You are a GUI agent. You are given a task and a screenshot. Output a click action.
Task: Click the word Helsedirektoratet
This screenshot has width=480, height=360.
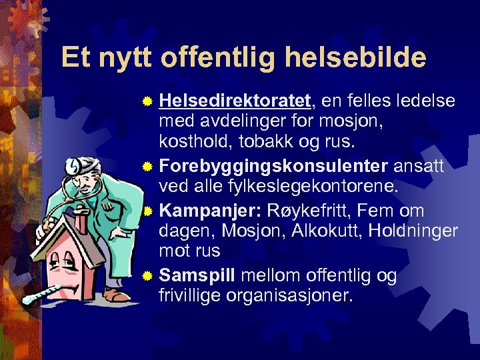pos(235,101)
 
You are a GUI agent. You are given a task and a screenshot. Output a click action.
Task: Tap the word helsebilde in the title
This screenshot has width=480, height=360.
pos(354,58)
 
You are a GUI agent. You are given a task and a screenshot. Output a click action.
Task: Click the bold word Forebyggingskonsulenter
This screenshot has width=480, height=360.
pos(274,166)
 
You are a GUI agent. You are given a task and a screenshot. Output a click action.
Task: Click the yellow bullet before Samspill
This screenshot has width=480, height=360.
pos(149,275)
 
